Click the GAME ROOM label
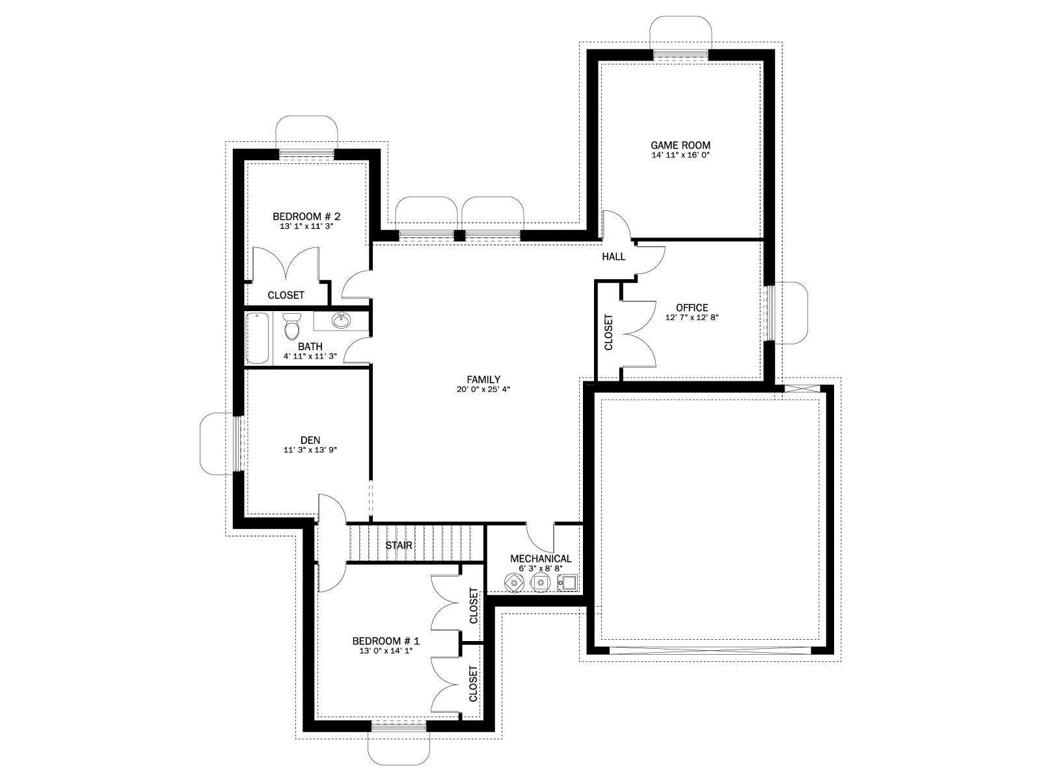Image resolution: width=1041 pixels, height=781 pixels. coord(680,145)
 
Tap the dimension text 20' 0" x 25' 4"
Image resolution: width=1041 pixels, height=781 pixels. coord(483,390)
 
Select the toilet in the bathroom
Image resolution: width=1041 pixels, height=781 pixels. coord(291,326)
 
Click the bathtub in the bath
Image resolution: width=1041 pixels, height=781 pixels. coord(258,338)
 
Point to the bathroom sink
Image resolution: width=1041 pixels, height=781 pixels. coord(340,321)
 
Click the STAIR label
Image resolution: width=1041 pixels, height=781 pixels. coord(398,545)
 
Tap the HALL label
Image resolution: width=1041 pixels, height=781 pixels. coord(614,256)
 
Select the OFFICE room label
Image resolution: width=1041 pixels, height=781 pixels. coord(692,307)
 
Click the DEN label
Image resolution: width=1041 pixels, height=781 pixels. coord(310,440)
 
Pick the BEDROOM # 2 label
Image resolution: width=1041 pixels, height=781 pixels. coord(306,216)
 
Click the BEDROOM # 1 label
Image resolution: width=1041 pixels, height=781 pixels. coord(386,640)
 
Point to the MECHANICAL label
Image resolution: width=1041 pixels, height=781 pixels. coord(541,558)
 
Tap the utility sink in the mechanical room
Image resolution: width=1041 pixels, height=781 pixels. coord(567,581)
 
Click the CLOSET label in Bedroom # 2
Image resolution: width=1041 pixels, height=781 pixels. coord(286,295)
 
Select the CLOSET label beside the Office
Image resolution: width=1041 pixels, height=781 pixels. coord(608,332)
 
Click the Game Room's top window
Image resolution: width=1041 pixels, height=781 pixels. coord(681,55)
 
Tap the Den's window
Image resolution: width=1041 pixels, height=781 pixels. coord(238,443)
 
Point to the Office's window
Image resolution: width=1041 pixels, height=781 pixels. coord(769,313)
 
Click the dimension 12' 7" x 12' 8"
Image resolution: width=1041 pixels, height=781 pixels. coord(692,318)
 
